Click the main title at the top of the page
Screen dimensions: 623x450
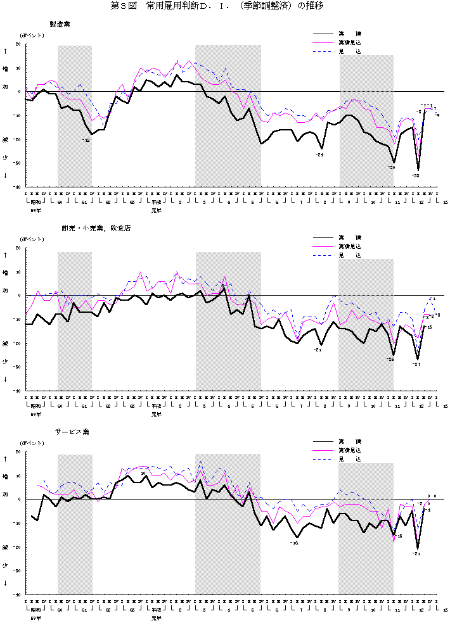pyautogui.click(x=224, y=6)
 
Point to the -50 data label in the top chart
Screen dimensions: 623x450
pyautogui.click(x=391, y=167)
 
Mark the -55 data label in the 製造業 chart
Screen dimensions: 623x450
pyautogui.click(x=415, y=175)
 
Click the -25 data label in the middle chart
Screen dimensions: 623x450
pyautogui.click(x=390, y=359)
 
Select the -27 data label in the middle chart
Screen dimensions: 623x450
pyautogui.click(x=416, y=364)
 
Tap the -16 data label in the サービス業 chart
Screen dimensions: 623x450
pyautogui.click(x=293, y=543)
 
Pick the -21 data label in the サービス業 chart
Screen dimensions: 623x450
pyautogui.click(x=416, y=553)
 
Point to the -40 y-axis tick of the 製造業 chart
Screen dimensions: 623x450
pyautogui.click(x=17, y=187)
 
